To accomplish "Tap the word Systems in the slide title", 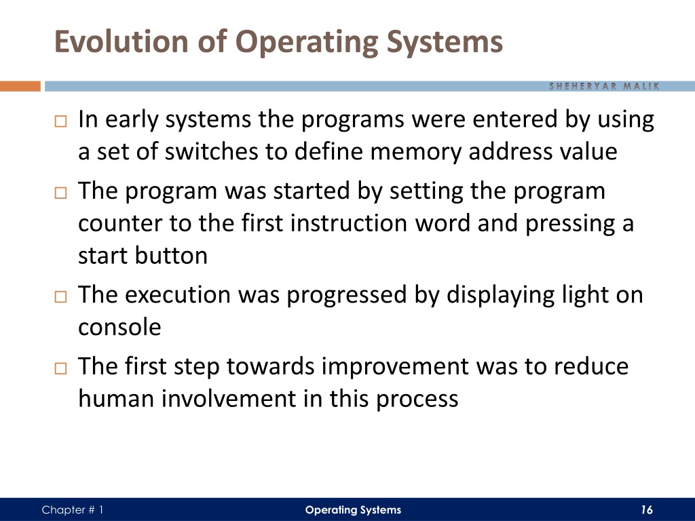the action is [445, 43].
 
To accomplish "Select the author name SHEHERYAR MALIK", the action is [604, 86].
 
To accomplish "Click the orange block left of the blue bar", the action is [20, 86].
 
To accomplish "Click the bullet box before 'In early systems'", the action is [60, 121].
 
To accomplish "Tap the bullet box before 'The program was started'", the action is [60, 193].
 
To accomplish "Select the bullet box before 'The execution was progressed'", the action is [60, 296].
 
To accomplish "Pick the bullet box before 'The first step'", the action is [60, 368].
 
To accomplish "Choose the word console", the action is [119, 328].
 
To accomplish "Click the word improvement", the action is [395, 367].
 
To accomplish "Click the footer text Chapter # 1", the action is [72, 510].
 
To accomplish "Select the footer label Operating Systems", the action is [353, 510].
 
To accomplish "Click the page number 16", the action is [647, 510].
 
